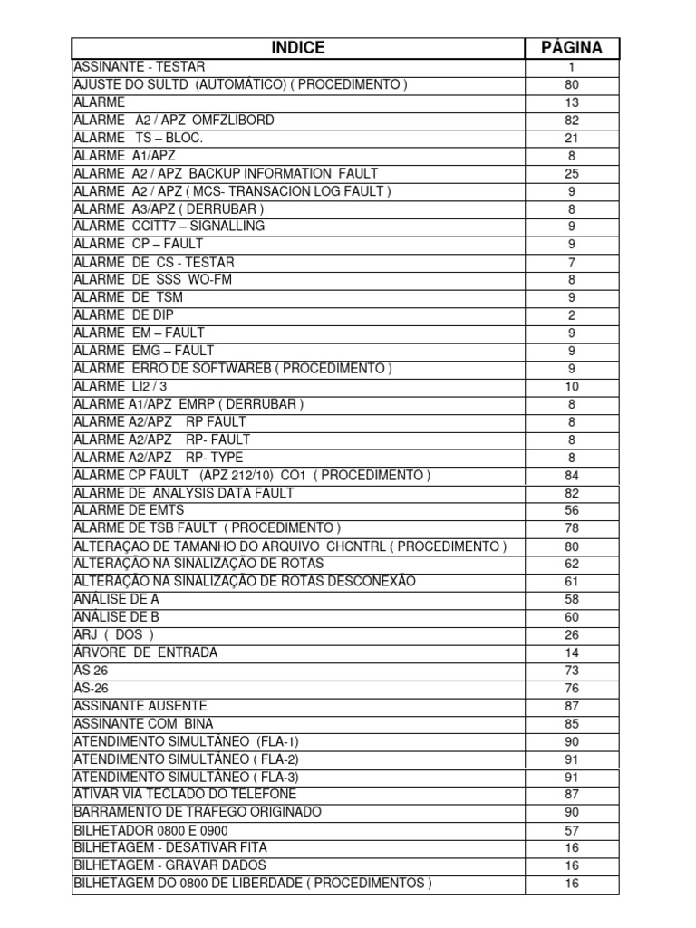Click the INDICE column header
pos(298,48)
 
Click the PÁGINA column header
pos(572,48)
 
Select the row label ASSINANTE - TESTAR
pos(140,67)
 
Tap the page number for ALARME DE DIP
pos(572,315)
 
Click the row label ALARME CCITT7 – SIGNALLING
pos(169,227)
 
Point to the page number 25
pos(572,173)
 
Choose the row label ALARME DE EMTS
pos(129,510)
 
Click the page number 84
pos(572,475)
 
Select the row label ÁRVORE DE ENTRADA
pos(146,652)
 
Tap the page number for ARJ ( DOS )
pos(572,634)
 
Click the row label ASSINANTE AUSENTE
pos(140,706)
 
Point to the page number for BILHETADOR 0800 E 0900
pos(572,830)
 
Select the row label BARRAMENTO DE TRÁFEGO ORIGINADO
pos(198,812)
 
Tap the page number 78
pos(572,528)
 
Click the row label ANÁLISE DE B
pos(116,617)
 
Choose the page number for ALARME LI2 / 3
pos(572,386)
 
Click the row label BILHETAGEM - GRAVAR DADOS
pos(170,865)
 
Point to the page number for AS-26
pos(572,688)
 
